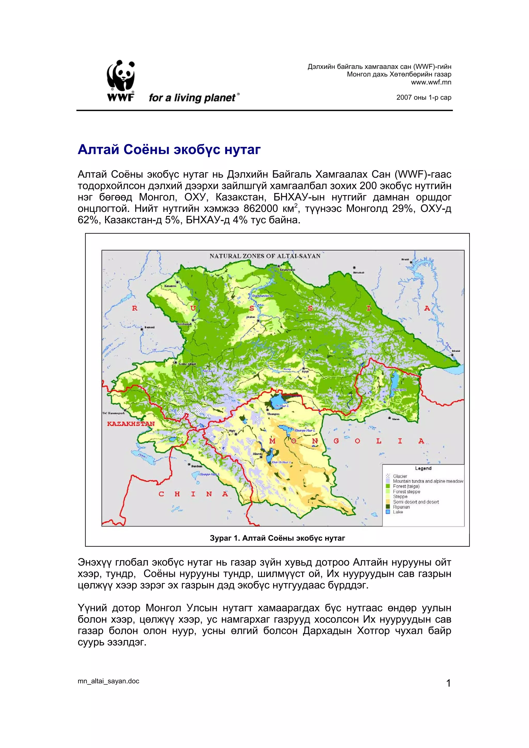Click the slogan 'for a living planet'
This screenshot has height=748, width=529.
coord(192,98)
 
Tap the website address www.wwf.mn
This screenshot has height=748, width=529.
coord(431,82)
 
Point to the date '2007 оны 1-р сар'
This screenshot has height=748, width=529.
coord(423,97)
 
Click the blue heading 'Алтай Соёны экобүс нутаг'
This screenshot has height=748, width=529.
coord(169,149)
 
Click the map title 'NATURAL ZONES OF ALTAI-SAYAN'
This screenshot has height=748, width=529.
coord(265,256)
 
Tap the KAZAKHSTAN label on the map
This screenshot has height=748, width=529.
coord(131,424)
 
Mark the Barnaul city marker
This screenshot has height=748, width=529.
coord(142,329)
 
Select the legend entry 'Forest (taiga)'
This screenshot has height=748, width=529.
coord(406,486)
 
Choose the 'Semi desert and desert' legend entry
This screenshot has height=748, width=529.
coord(416,502)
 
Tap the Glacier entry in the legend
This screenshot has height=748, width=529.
coord(400,476)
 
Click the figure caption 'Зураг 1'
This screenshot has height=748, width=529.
coord(277,538)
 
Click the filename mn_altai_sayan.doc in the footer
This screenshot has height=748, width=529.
coord(108,681)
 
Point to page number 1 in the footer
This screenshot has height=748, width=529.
coord(448,683)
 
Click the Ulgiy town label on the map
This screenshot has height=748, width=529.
coord(232,431)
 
